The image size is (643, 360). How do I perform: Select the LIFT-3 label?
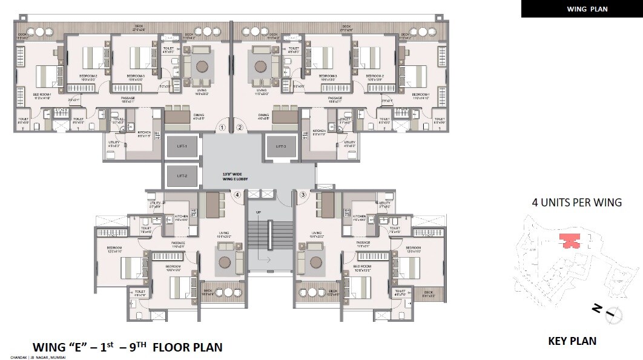coord(281,147)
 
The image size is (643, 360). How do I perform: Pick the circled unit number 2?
coord(239,128)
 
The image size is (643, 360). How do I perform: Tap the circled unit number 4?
coord(237,195)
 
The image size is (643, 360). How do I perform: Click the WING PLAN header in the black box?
coord(582,9)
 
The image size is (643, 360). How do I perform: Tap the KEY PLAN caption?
coord(572,341)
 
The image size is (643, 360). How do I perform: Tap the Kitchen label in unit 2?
coord(319,131)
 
